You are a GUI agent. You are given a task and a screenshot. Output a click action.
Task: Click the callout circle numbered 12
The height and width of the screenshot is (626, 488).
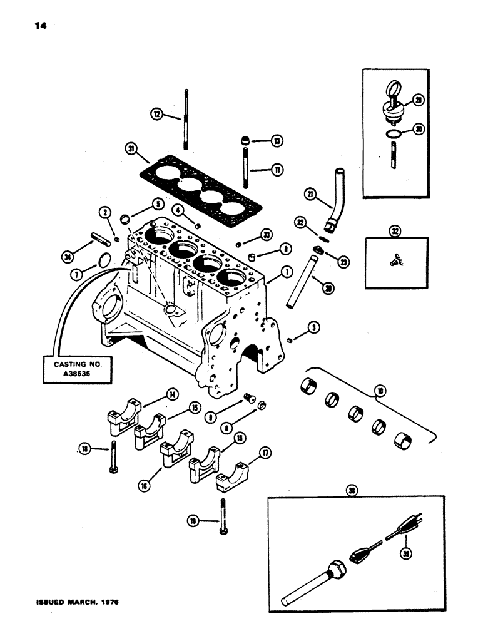[x=156, y=113]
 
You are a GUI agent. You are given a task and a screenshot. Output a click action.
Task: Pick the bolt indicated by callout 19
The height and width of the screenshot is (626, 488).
[x=222, y=515]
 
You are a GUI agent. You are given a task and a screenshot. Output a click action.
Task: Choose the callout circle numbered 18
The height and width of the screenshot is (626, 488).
[x=84, y=448]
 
